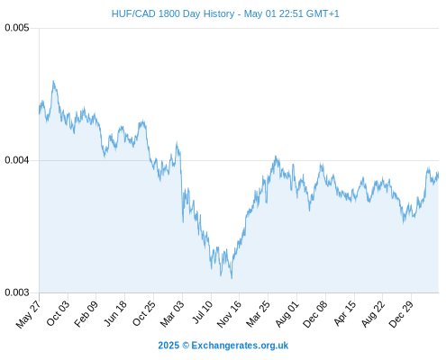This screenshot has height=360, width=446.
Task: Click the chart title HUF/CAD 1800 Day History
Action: click(173, 13)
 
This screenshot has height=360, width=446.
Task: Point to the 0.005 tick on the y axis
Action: click(17, 28)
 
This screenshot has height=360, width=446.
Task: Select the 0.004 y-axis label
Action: click(17, 160)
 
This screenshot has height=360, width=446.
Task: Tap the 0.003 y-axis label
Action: click(17, 292)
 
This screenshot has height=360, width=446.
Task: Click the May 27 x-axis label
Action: click(28, 314)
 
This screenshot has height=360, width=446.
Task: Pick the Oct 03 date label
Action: click(58, 313)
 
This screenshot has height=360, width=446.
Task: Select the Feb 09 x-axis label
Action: click(86, 313)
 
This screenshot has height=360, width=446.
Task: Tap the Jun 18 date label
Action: click(115, 313)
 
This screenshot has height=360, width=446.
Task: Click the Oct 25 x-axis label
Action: click(144, 313)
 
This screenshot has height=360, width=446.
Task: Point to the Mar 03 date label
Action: click(172, 313)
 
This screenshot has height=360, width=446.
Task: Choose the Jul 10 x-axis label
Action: click(203, 311)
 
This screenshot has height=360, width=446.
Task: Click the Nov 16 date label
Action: click(229, 313)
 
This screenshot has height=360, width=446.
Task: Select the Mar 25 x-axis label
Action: click(258, 313)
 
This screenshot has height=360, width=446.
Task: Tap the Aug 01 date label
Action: click(287, 313)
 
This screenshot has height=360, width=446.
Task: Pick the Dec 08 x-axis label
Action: click(315, 313)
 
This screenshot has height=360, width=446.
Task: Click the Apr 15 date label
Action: click(345, 312)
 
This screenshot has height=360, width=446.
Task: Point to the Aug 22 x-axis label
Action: click(373, 313)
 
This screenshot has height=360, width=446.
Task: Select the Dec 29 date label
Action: click(401, 313)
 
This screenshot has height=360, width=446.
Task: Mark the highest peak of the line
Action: click(53, 81)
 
